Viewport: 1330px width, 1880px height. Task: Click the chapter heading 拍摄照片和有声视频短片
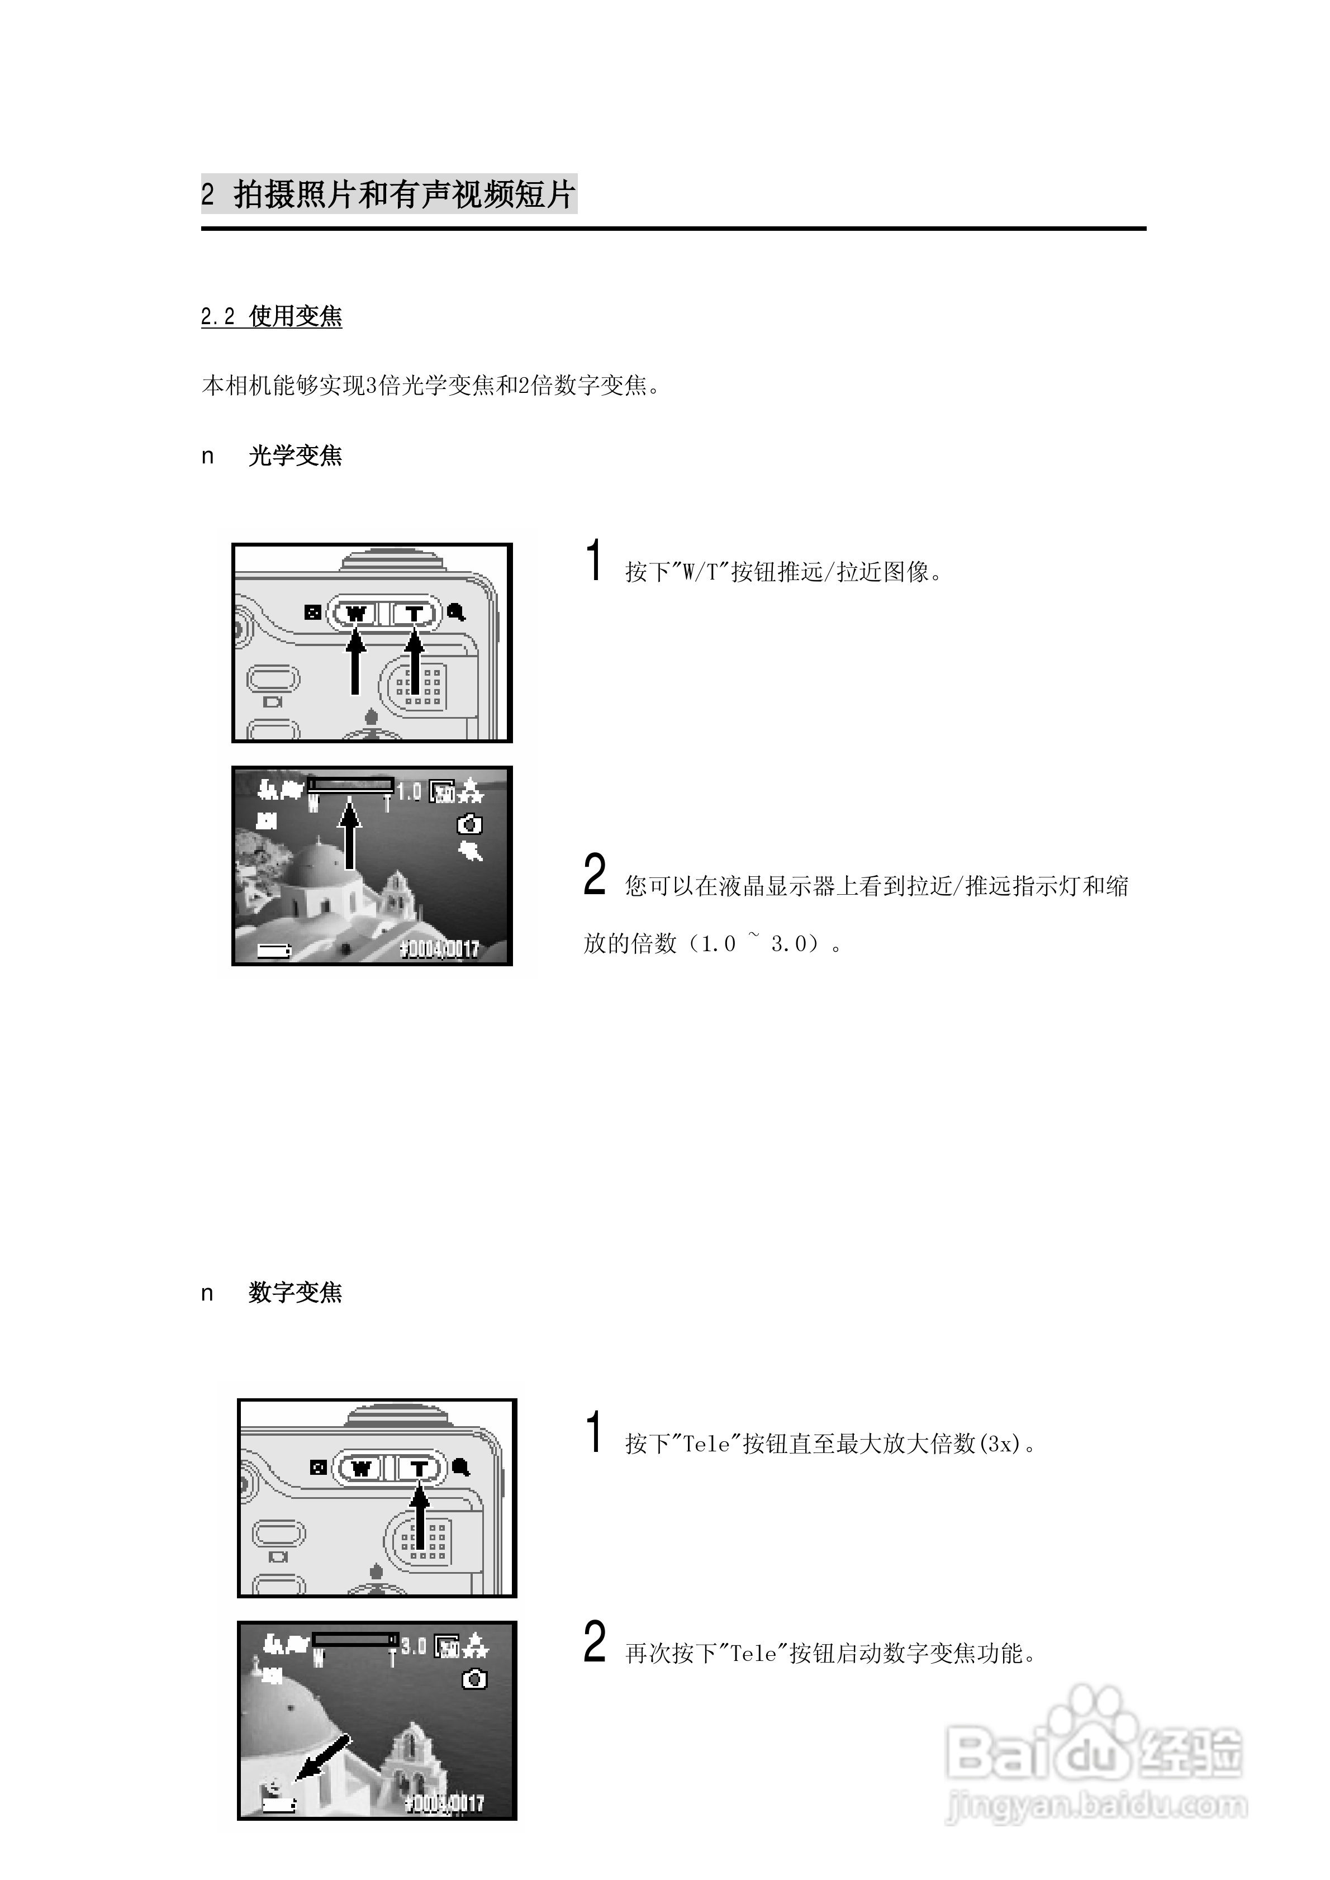[403, 195]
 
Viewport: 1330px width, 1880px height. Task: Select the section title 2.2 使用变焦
[271, 316]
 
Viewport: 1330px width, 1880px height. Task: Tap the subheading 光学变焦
[295, 455]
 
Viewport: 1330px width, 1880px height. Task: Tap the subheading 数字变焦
[295, 1292]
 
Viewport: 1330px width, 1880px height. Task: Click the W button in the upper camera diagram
[355, 613]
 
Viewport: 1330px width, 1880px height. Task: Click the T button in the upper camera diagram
[415, 613]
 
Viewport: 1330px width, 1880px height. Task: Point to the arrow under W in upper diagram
[355, 663]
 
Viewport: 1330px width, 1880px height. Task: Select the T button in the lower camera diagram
[419, 1468]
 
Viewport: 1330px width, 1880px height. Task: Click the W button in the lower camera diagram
[360, 1468]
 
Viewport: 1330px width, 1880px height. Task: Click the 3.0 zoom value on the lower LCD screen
[414, 1645]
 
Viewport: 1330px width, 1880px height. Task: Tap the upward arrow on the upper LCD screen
[350, 835]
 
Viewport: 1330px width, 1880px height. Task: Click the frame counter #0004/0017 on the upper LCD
[439, 949]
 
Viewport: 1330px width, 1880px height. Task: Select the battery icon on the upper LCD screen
[274, 951]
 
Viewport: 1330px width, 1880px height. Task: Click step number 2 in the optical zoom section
[595, 875]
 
